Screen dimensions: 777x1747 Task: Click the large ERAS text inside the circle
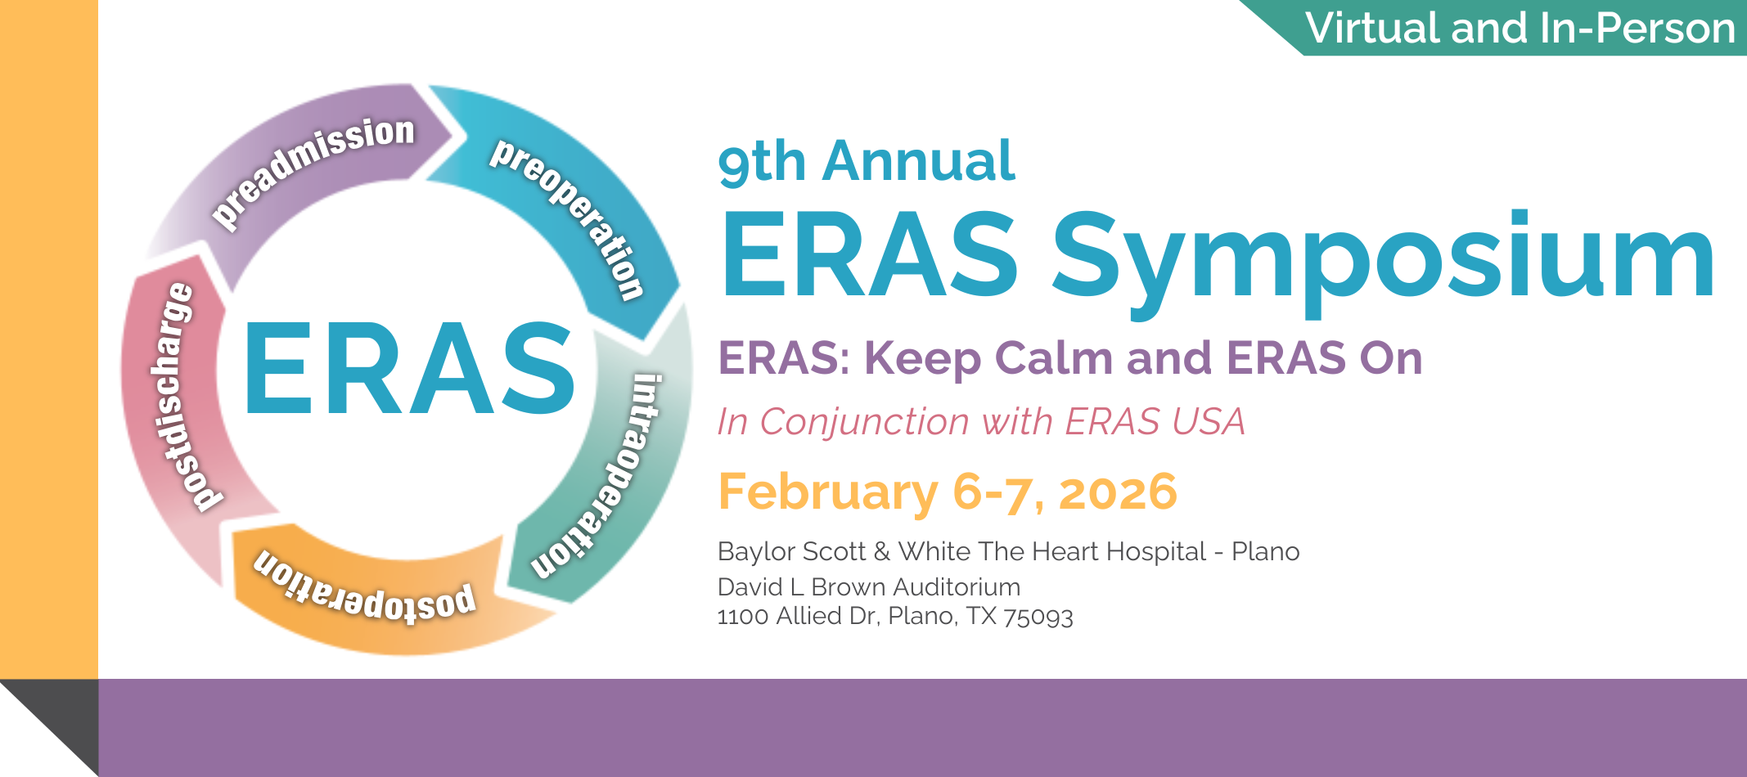pos(408,369)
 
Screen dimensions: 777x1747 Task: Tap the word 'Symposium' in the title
pos(1383,258)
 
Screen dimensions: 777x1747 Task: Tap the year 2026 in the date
pos(1118,492)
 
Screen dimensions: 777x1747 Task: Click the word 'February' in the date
pos(827,492)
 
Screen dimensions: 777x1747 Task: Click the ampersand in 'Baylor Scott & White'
pos(881,552)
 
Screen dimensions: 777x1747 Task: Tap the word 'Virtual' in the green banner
pos(1373,29)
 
